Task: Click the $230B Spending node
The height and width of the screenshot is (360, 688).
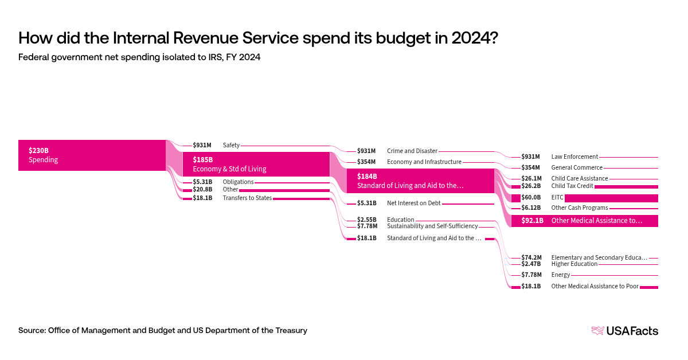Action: [x=92, y=155]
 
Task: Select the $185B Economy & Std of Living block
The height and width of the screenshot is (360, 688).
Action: [x=256, y=164]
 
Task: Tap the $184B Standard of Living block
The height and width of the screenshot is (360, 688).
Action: [x=420, y=181]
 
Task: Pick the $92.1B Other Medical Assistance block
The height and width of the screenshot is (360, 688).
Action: [x=584, y=220]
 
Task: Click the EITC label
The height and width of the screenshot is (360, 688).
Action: [x=557, y=197]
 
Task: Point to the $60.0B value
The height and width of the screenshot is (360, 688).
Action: [x=531, y=197]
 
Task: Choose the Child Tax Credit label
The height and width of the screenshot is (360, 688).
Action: [x=572, y=186]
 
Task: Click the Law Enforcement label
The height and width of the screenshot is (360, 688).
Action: [x=574, y=156]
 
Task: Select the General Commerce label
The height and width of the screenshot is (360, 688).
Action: [x=577, y=167]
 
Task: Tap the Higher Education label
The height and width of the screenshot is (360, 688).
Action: [x=574, y=264]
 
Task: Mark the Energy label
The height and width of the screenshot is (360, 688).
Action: [x=561, y=275]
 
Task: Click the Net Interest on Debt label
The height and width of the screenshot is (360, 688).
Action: [x=413, y=203]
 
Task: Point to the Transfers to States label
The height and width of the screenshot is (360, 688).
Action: [x=247, y=198]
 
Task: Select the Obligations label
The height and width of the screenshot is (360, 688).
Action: [x=238, y=182]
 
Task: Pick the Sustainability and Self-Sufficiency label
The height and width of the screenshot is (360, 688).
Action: [x=432, y=226]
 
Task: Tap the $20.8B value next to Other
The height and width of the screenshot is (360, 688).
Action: [x=202, y=189]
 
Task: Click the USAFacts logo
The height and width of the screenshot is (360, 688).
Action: [x=624, y=331]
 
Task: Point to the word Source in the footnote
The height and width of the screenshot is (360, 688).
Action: [x=32, y=330]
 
